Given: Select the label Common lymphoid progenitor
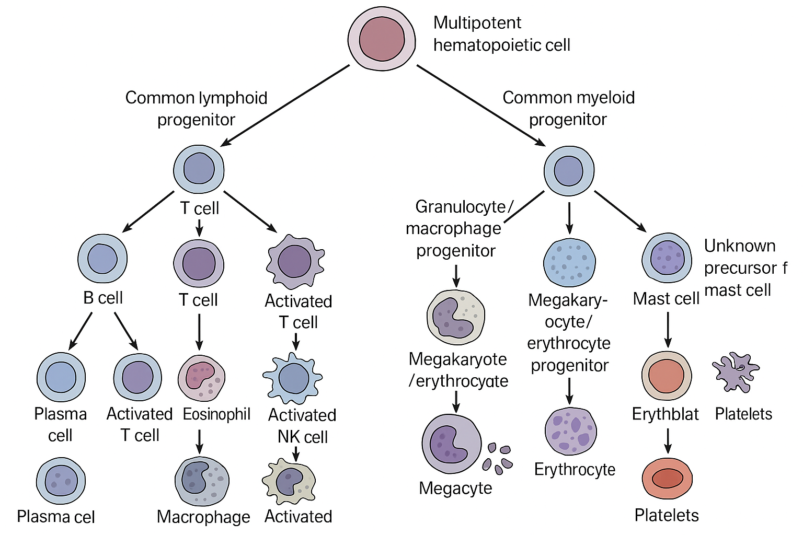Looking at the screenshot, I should (x=196, y=109).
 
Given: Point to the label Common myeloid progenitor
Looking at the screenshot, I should (x=568, y=108).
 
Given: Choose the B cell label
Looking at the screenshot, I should (x=103, y=298).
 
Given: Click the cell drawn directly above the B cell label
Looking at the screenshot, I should (x=102, y=259).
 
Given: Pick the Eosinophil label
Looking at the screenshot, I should (x=216, y=414).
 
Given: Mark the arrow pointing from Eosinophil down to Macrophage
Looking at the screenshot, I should (x=199, y=441).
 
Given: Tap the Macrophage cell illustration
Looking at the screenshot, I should (x=201, y=481).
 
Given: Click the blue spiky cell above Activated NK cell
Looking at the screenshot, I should (x=293, y=378).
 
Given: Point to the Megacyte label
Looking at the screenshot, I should (x=455, y=488).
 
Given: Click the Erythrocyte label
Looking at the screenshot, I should (x=575, y=469).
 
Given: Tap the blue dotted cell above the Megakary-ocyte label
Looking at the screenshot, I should (x=569, y=262).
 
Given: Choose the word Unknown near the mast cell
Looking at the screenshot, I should (x=740, y=246).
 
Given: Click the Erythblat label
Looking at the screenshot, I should (x=665, y=414).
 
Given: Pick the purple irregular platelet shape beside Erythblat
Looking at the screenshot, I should (x=736, y=372).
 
